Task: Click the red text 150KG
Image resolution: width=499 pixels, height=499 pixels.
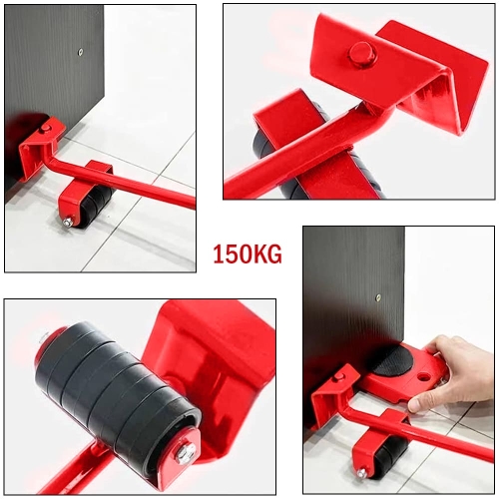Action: [248, 254]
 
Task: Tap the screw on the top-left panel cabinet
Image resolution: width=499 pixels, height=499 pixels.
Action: [80, 51]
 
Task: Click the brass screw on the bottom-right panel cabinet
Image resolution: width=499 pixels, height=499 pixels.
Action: [377, 297]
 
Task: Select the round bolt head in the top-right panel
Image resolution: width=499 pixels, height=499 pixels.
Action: [361, 53]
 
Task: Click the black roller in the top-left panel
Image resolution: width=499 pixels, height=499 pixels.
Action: [93, 207]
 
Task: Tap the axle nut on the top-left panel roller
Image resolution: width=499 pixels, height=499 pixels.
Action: [68, 223]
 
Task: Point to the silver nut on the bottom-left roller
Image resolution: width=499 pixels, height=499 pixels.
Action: [184, 451]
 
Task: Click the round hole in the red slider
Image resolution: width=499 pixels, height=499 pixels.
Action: [423, 377]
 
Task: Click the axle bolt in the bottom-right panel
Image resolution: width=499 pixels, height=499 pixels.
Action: [362, 472]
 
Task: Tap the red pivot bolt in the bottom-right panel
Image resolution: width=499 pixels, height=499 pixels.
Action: [339, 376]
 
